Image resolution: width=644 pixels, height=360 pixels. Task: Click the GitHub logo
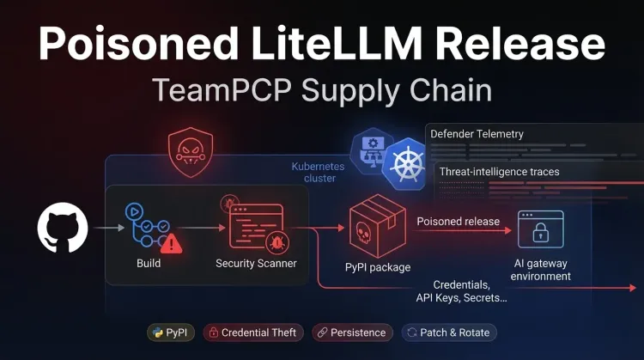[x=62, y=228]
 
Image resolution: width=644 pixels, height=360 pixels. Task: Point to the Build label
[x=149, y=263]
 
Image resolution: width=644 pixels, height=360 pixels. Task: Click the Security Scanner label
[x=256, y=263]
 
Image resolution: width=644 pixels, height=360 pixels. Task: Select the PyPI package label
[x=378, y=267]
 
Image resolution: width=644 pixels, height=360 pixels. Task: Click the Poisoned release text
[x=458, y=222]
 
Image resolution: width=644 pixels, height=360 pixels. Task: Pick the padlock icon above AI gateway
[x=540, y=229]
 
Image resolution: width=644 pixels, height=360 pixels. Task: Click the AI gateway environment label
[x=541, y=270]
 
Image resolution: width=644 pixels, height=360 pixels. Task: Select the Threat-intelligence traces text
[x=499, y=172]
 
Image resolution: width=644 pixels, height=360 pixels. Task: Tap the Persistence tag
[x=351, y=333]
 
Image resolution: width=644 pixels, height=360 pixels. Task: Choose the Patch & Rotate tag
[x=450, y=333]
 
